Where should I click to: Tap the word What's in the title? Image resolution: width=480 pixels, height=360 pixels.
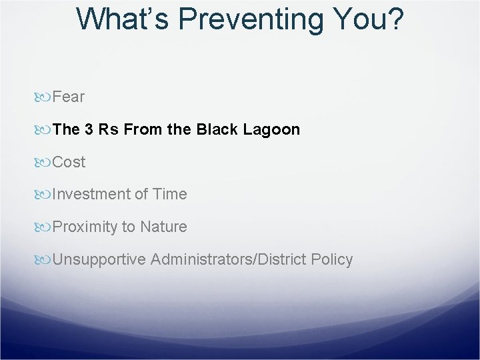[x=123, y=19]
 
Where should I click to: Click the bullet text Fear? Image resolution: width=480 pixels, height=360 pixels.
[x=68, y=97]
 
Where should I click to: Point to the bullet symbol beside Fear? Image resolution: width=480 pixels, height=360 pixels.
[x=42, y=97]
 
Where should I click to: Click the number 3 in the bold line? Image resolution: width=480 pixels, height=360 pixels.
[x=89, y=129]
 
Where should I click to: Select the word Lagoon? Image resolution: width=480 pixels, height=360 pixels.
[x=271, y=130]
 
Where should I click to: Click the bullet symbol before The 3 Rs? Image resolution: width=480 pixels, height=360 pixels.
[x=42, y=130]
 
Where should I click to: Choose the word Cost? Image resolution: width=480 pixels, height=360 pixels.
[x=69, y=161]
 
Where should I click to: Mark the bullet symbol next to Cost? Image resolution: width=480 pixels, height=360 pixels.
[x=42, y=163]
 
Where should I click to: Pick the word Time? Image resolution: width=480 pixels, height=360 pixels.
[x=170, y=194]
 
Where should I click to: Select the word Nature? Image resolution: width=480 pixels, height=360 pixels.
[x=163, y=227]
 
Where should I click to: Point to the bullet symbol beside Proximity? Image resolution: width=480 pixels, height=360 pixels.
[x=42, y=227]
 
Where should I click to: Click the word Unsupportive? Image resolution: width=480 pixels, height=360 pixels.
[x=99, y=259]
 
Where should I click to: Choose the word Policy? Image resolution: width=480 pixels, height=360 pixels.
[x=332, y=259]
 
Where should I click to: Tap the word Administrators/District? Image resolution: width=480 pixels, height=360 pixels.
[x=229, y=259]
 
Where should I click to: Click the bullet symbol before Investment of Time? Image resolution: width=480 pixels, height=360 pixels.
[x=42, y=195]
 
